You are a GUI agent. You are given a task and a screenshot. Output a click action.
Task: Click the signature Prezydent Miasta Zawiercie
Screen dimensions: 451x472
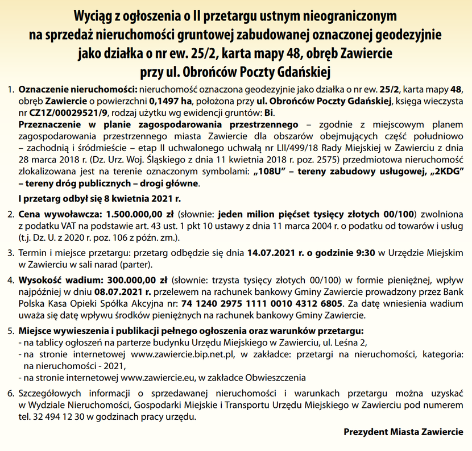point(403,432)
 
